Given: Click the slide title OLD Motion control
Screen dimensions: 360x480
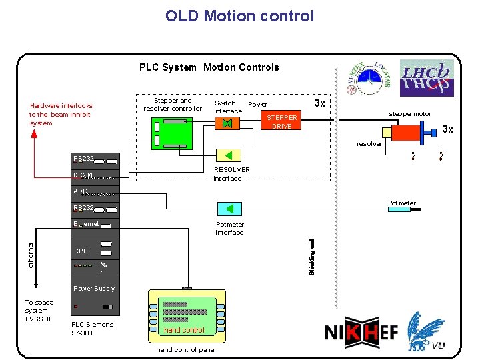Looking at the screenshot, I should [239, 16].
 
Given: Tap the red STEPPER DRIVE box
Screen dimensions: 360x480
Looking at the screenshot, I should [281, 122].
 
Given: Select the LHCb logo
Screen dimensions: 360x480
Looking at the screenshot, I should [427, 79].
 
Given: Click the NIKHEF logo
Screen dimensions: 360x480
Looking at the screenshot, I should [361, 332].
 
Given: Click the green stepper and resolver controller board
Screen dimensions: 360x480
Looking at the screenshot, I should [171, 131].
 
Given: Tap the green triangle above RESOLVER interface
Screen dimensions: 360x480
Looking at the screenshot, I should [229, 156].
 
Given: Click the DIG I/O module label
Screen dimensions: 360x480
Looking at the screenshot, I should [85, 175].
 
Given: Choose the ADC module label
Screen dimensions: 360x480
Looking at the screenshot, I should [81, 191].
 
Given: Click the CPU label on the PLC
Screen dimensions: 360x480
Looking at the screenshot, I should [81, 251].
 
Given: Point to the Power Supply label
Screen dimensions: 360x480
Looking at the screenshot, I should [94, 289].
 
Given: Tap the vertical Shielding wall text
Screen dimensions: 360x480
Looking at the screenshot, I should [311, 257].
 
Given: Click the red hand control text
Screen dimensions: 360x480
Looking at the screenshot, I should [184, 330].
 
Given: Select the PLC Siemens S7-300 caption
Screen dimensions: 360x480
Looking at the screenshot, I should [92, 329].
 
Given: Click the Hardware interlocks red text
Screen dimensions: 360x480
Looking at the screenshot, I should [61, 114].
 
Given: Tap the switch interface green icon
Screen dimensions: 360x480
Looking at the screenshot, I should [227, 124].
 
